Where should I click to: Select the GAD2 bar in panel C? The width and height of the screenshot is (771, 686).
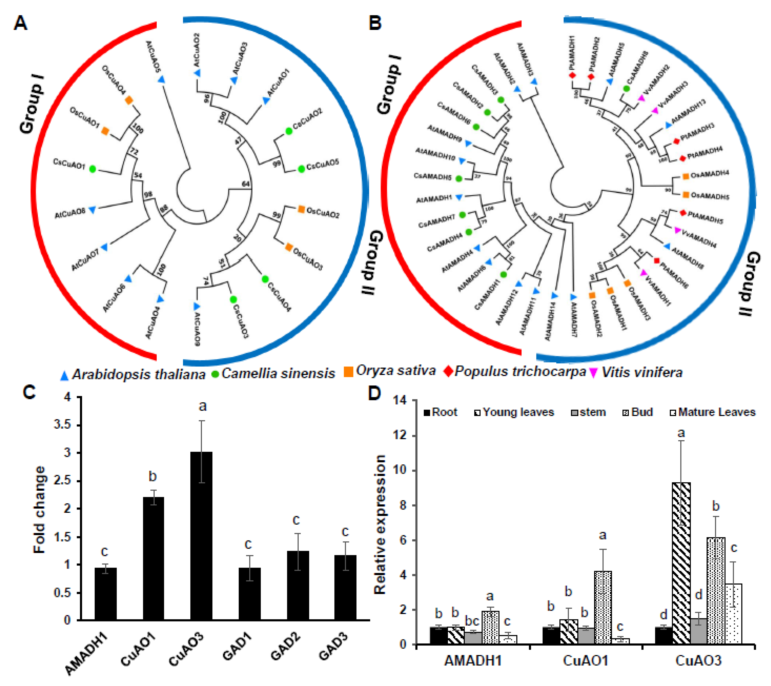[298, 585]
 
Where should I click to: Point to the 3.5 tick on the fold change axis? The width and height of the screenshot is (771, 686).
[62, 425]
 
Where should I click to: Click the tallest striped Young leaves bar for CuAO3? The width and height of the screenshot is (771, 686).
[681, 563]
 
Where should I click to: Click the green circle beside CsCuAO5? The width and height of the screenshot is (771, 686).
[301, 169]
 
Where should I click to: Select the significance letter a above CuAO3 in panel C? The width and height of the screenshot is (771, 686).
[203, 406]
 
